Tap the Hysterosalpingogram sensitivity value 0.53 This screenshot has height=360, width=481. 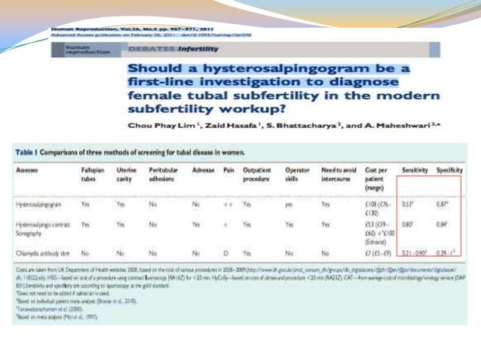click(412, 203)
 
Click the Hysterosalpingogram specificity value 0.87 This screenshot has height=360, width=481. click(446, 203)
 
